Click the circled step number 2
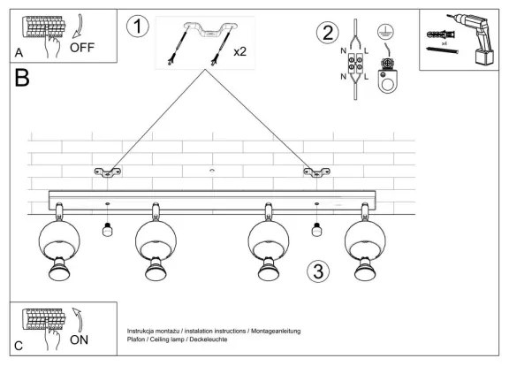(x=328, y=34)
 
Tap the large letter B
(x=22, y=79)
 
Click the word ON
(x=78, y=338)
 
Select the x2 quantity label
(x=239, y=51)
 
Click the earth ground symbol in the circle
(x=384, y=31)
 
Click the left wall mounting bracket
(x=109, y=171)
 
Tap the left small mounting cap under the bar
(x=107, y=230)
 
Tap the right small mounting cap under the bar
(x=315, y=230)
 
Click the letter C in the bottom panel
(x=19, y=346)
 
